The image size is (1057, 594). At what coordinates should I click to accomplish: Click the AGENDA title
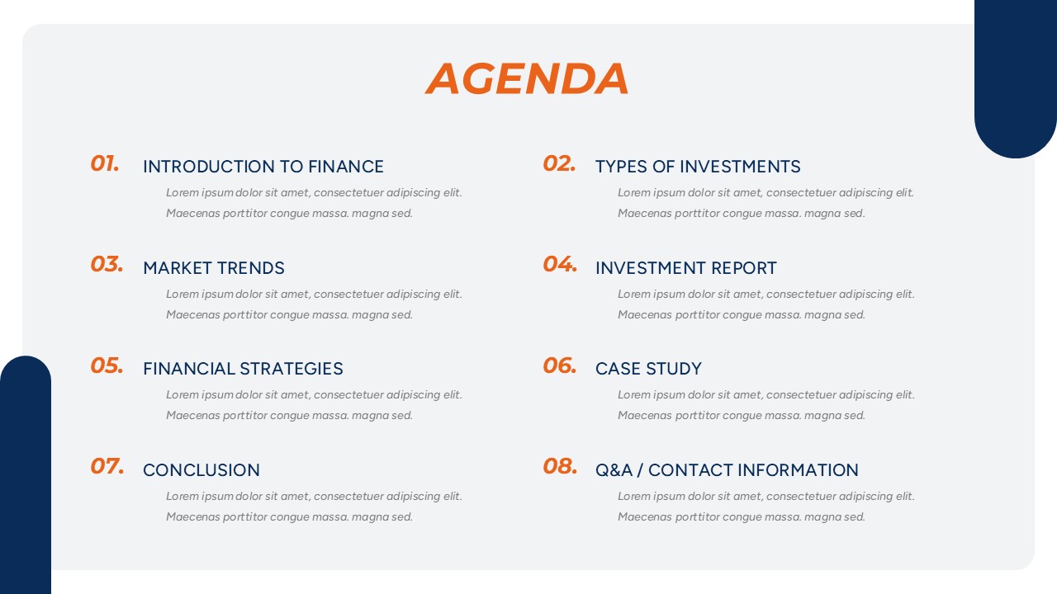[527, 78]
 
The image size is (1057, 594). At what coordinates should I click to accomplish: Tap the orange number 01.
[105, 163]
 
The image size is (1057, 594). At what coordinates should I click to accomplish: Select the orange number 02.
[559, 163]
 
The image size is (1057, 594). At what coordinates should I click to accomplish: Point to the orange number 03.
[107, 264]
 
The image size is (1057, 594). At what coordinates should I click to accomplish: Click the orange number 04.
[560, 264]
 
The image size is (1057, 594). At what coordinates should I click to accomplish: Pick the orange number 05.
[107, 365]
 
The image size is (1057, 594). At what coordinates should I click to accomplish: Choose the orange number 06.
[560, 365]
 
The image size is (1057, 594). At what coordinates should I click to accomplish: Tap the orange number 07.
[107, 466]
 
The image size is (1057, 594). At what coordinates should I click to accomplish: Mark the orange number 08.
[560, 466]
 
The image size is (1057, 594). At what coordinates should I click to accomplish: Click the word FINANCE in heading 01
[346, 167]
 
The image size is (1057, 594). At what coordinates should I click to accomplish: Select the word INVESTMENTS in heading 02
[740, 167]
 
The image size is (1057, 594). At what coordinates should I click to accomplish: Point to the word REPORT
[744, 268]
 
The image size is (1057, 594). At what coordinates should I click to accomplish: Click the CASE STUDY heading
[648, 369]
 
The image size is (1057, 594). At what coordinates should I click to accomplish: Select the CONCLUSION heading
[201, 470]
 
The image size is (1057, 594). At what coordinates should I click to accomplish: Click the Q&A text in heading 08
[614, 470]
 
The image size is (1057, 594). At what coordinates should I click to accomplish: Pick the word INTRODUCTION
[209, 167]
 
